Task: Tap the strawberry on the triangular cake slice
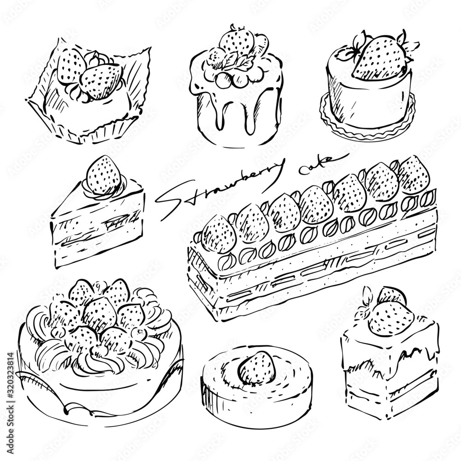point(104,175)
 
